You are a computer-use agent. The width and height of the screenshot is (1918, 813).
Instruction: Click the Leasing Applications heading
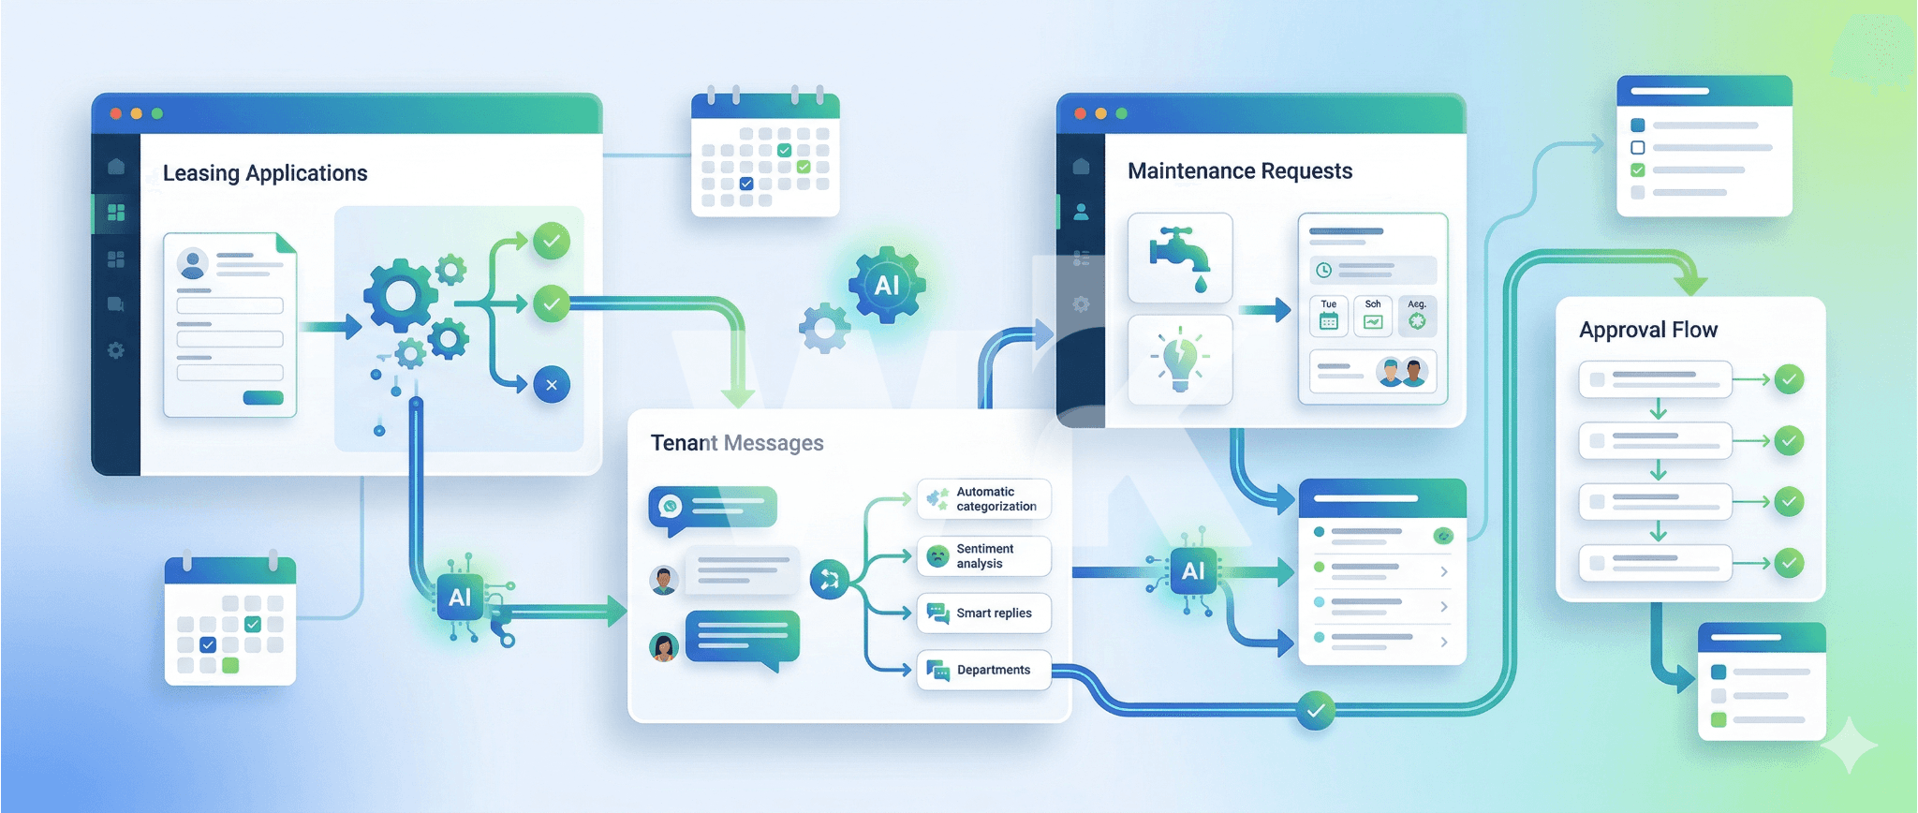tap(265, 173)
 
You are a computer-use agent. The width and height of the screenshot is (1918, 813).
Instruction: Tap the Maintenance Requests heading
tap(1239, 170)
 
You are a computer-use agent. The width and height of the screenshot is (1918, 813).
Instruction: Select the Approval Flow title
tap(1647, 330)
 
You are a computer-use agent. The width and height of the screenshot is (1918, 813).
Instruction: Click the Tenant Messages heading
tap(736, 443)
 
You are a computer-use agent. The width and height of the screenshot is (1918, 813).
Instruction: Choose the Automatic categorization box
tap(983, 499)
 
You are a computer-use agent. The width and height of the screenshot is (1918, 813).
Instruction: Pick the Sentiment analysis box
tap(983, 556)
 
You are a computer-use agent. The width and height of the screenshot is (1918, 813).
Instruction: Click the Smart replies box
tap(983, 613)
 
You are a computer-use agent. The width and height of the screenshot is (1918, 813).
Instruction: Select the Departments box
tap(983, 670)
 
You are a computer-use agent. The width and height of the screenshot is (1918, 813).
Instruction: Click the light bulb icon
tap(1180, 360)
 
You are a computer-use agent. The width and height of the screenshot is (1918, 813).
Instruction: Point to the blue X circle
tap(552, 385)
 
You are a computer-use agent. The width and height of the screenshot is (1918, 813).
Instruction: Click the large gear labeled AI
tap(886, 285)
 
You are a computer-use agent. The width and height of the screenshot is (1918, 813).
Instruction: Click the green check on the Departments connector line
tap(1316, 711)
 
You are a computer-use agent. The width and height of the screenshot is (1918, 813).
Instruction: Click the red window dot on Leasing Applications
tap(116, 113)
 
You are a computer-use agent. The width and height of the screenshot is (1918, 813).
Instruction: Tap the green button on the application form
tap(263, 398)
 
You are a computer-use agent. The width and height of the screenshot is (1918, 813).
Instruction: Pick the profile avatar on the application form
tap(193, 264)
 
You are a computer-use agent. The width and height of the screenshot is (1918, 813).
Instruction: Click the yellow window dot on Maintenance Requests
tap(1100, 113)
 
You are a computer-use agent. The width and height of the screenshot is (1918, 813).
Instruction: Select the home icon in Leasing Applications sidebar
tap(116, 167)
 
